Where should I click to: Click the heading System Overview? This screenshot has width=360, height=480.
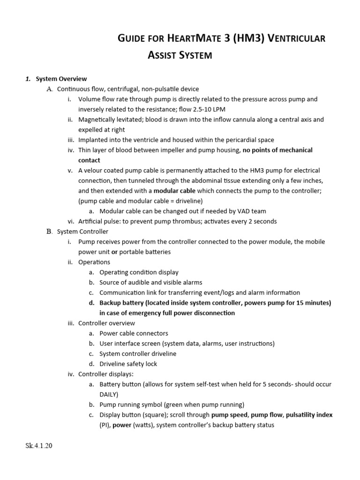click(61, 79)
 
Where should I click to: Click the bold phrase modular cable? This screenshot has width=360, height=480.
click(173, 191)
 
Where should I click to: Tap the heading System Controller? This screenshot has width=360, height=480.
click(82, 232)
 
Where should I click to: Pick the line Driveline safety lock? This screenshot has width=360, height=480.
click(128, 364)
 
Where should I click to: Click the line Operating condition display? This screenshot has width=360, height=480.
click(139, 272)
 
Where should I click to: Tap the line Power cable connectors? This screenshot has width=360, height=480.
click(134, 333)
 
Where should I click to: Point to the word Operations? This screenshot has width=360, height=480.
click(94, 262)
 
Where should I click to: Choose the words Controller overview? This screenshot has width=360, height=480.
click(106, 323)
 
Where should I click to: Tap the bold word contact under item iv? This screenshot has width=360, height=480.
click(89, 160)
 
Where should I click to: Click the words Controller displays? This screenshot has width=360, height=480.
click(105, 374)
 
